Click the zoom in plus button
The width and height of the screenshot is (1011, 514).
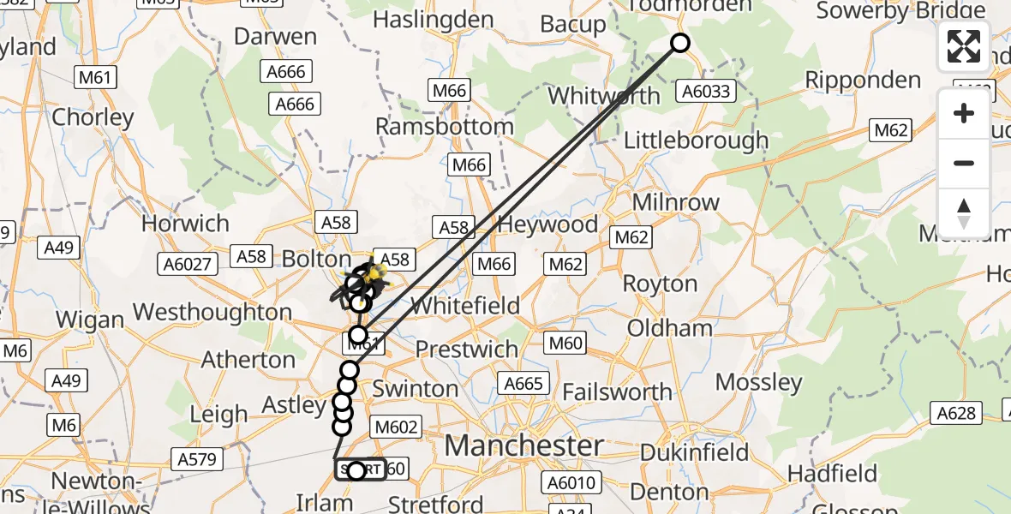964,114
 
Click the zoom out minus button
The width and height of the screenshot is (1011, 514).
964,163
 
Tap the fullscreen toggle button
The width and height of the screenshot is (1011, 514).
964,46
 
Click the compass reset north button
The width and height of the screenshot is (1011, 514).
964,213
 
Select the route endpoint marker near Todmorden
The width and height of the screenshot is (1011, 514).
679,43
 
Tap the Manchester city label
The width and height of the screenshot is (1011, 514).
523,446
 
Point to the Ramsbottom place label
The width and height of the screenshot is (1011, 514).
445,127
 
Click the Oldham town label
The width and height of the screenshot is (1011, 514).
669,328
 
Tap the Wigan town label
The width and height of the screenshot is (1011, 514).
89,320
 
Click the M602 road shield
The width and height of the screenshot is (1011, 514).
397,427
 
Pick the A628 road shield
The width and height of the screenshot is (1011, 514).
956,414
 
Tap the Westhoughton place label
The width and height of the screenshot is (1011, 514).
212,312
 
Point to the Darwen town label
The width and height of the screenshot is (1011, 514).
275,37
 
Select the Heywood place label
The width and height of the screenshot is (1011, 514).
547,225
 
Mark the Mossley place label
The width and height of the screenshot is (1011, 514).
758,382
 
